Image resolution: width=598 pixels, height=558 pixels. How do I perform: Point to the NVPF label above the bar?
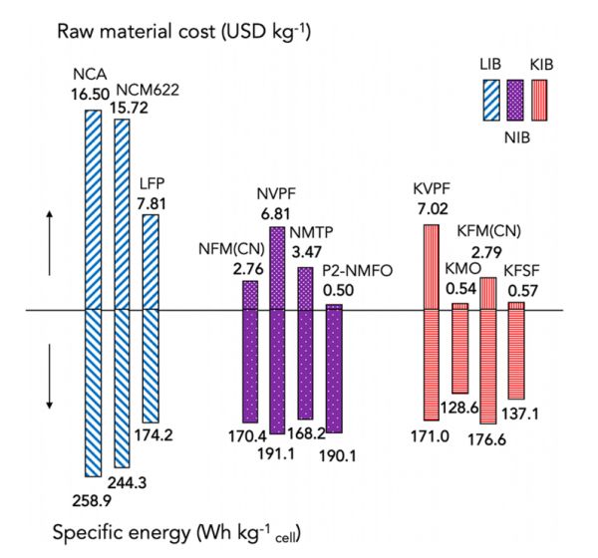tap(278, 197)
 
